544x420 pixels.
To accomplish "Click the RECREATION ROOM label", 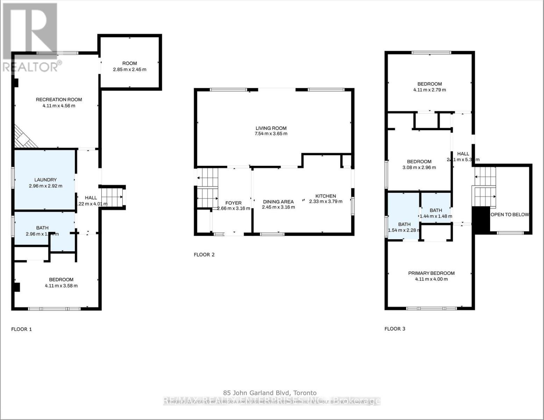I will pos(59,100).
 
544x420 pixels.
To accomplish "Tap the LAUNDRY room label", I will pos(45,180).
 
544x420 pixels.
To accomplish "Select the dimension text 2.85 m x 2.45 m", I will pos(130,70).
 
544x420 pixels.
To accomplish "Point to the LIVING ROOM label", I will pos(271,128).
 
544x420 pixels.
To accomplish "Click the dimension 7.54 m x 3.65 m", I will pos(271,134).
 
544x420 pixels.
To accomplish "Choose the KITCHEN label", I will pos(325,196).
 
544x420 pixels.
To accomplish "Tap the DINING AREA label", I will pos(278,202).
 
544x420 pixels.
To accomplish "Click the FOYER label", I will pos(233,203).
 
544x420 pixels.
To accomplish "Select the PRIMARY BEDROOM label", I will pos(431,273).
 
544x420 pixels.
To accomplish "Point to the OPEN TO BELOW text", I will pos(510,215).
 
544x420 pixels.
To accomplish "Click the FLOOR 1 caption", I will pos(22,329).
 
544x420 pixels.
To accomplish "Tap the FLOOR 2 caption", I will pos(204,255).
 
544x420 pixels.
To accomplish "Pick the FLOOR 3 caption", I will pos(395,329).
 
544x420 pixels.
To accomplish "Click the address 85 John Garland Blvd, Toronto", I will pos(270,393).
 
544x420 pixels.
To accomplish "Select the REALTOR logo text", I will pos(31,66).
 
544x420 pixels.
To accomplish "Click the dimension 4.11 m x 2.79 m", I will pos(429,90).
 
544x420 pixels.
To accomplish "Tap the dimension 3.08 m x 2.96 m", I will pos(419,168).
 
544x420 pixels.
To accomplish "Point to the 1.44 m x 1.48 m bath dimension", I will pos(436,216).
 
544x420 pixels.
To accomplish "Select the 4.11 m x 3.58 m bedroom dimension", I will pos(61,286).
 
